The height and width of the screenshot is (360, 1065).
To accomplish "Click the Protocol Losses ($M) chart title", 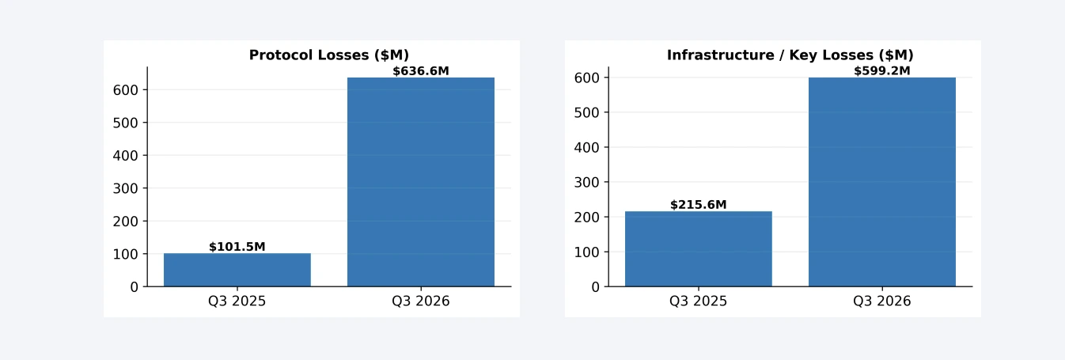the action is (x=329, y=55).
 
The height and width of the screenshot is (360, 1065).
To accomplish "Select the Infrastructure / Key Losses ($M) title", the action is (x=790, y=55).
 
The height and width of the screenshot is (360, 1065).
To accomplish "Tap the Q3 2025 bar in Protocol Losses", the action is (x=237, y=270).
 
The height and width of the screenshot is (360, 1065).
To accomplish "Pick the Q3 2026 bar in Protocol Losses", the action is (x=421, y=182).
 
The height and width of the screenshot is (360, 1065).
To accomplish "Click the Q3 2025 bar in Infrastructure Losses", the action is (x=699, y=249).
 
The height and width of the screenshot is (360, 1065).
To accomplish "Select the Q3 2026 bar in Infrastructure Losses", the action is (x=882, y=182).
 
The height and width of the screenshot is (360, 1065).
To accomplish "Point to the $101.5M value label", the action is (x=237, y=247).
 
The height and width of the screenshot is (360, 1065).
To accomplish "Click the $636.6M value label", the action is (x=421, y=71).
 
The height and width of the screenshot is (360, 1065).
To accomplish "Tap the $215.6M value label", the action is (x=699, y=205).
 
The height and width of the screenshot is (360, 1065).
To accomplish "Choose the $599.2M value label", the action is (x=882, y=71).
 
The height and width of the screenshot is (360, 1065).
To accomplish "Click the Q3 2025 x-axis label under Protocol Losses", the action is (x=237, y=301).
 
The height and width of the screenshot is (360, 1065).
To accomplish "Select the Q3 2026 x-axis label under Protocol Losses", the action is (x=421, y=301).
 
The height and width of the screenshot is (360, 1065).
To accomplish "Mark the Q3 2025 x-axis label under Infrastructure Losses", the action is (x=699, y=301).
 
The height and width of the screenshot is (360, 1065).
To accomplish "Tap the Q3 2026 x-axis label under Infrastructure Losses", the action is (x=882, y=301).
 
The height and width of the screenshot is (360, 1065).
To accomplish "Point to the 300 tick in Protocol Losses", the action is (x=126, y=189).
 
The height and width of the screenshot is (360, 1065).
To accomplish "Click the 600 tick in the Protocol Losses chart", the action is (x=126, y=90).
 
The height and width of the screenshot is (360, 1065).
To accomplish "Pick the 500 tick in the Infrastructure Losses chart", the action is (x=587, y=112).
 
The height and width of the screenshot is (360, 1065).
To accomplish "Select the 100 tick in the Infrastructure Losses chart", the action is (x=587, y=252).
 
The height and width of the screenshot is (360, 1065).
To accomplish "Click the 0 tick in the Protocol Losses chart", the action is (x=134, y=287).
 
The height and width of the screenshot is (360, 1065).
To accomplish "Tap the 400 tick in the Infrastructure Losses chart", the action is (x=587, y=147).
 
